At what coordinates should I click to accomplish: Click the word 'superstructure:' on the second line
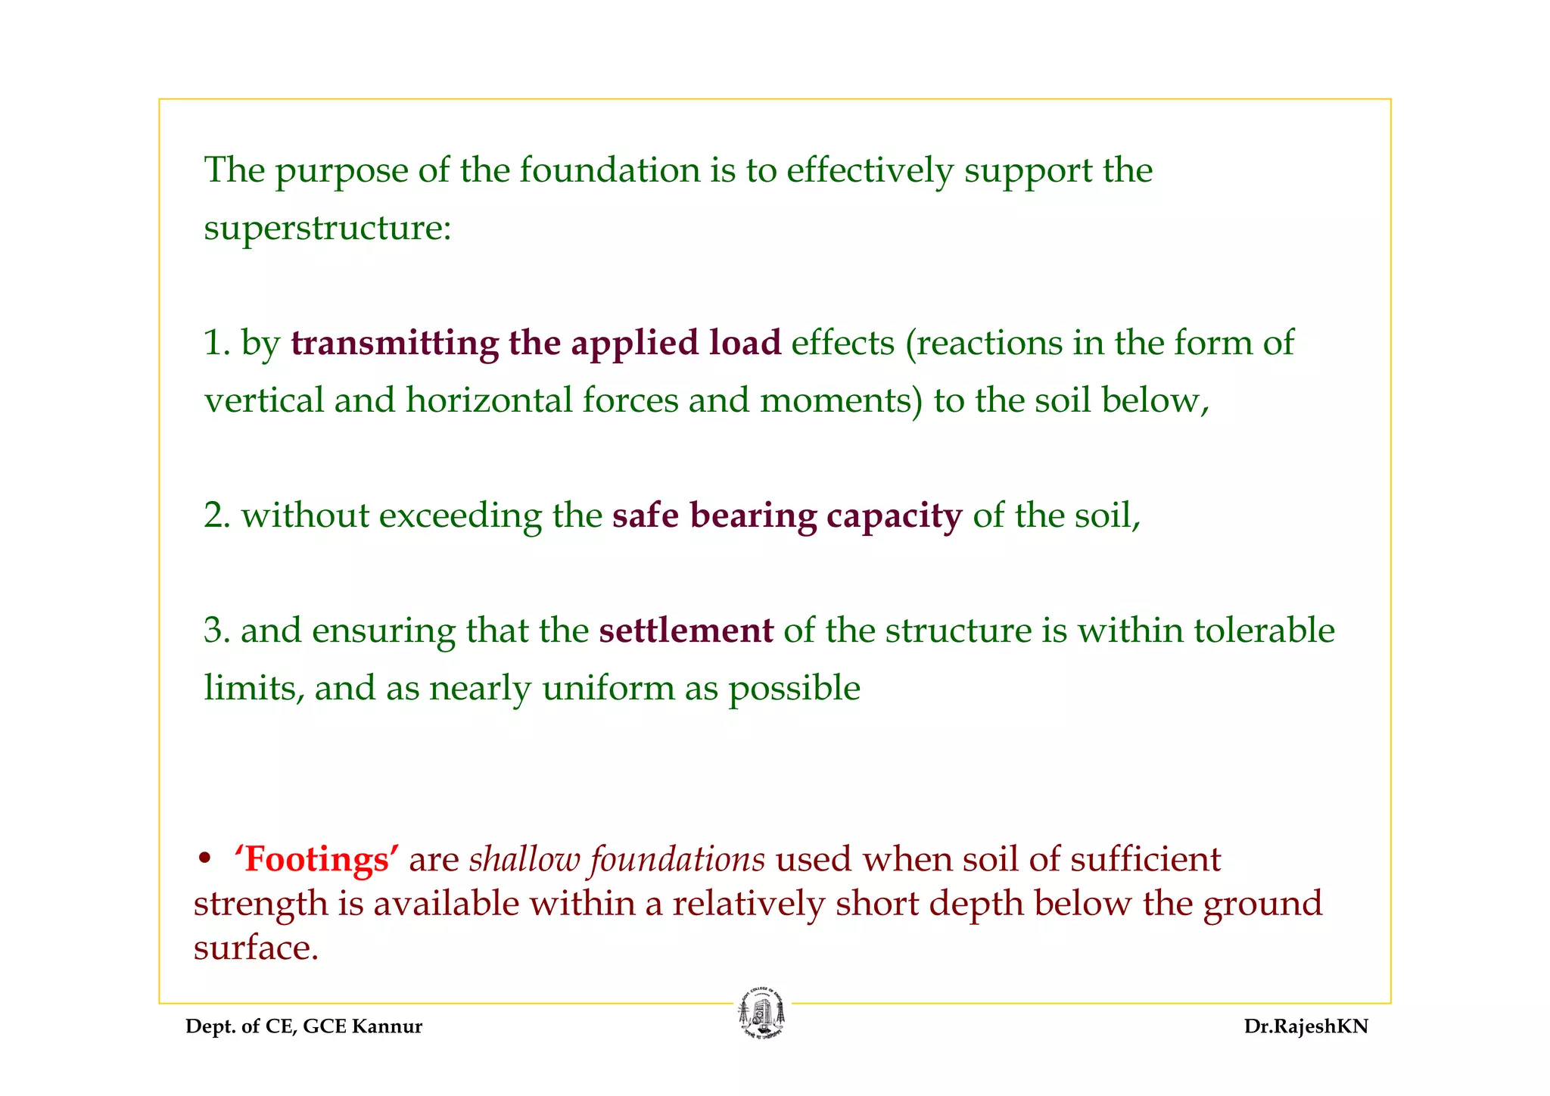coord(328,228)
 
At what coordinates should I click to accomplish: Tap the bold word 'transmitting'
coord(394,343)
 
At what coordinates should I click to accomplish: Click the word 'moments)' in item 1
coord(841,400)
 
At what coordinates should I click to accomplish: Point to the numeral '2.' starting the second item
coord(216,516)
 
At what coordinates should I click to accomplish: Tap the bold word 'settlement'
coord(686,631)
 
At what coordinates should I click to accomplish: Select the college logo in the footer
coord(761,1014)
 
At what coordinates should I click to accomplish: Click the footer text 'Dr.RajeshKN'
coord(1306,1027)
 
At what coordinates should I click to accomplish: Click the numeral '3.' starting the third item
coord(216,631)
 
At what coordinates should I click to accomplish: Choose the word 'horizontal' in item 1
coord(488,400)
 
